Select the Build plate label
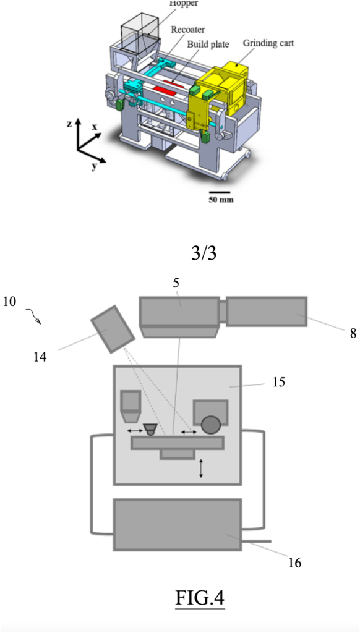tap(208, 44)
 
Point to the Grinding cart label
tap(268, 43)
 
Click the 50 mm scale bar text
tap(221, 200)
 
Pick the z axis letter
tap(70, 124)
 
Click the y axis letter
tap(94, 166)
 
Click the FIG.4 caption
tap(200, 597)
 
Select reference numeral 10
tap(9, 302)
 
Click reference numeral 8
tap(353, 334)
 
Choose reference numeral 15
tap(278, 381)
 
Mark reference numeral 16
tap(295, 563)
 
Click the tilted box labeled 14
tap(113, 329)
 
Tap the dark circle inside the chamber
tap(212, 425)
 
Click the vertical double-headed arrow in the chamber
tap(202, 468)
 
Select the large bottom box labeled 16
tap(178, 524)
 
